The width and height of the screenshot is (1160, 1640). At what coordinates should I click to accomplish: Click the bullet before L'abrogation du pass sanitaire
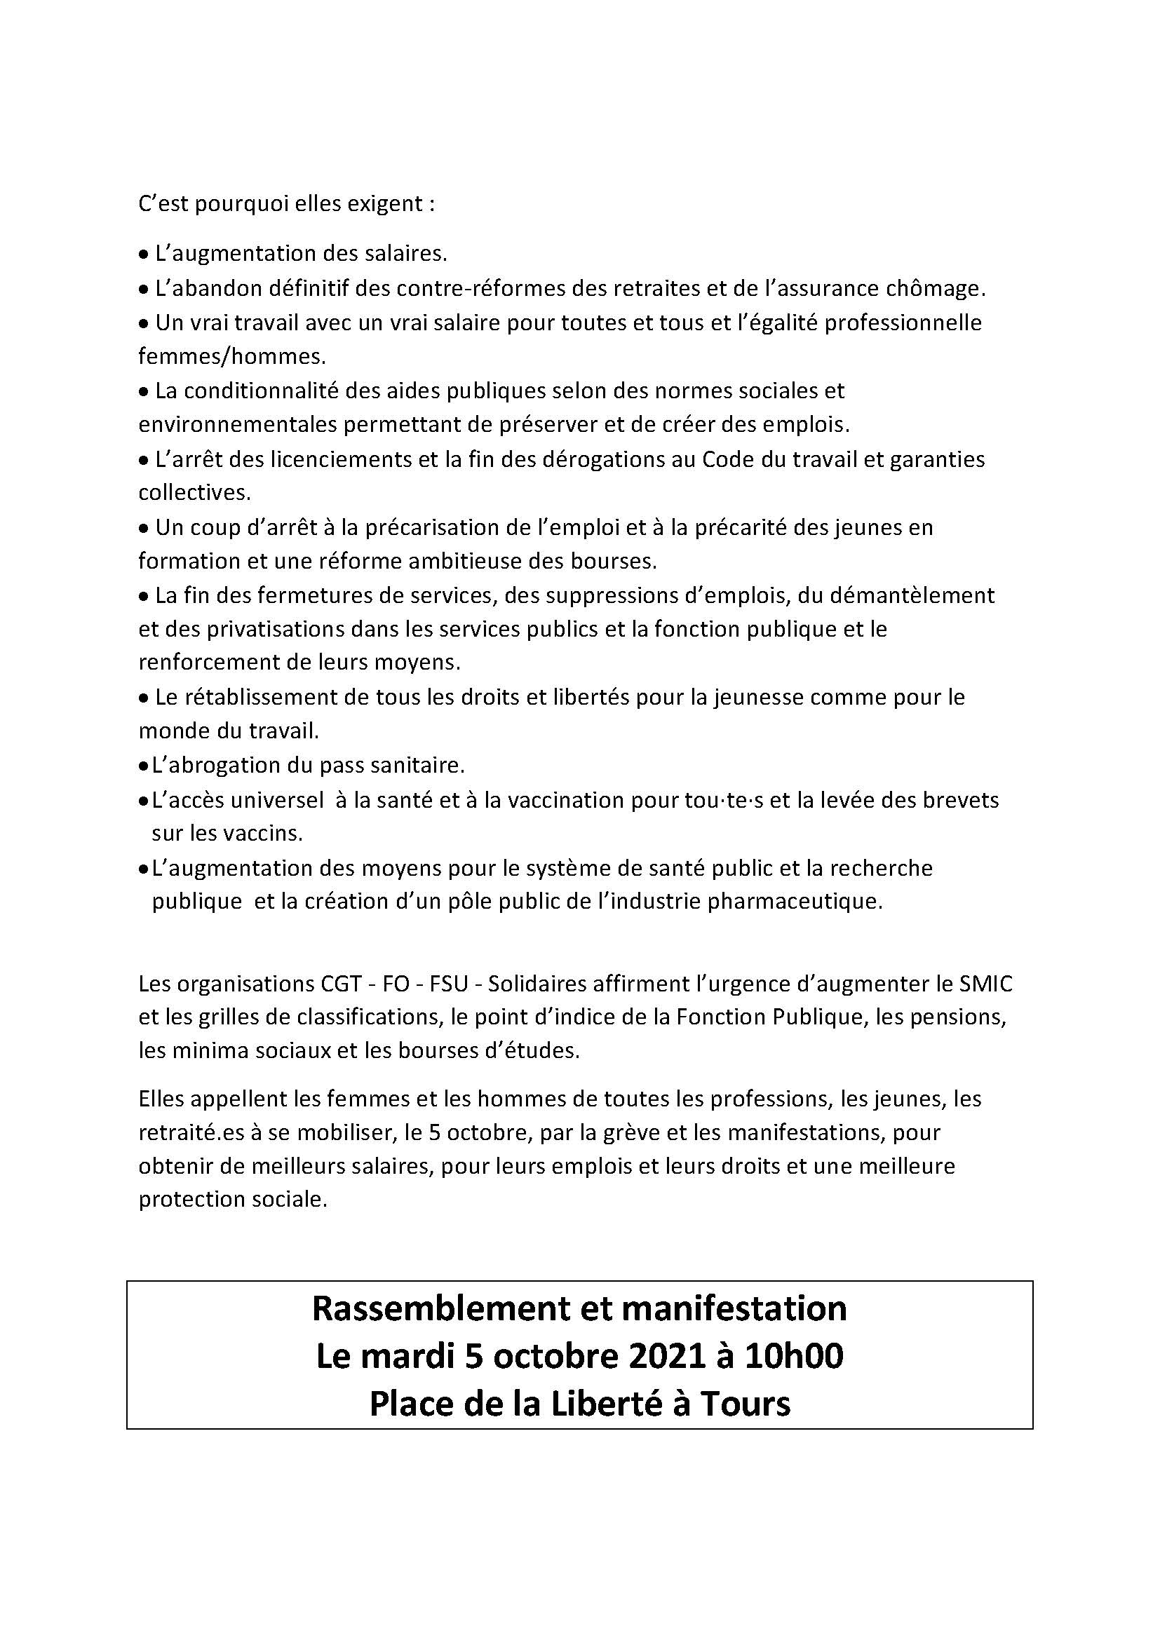(143, 766)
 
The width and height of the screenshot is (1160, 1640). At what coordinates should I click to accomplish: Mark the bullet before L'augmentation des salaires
(143, 255)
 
